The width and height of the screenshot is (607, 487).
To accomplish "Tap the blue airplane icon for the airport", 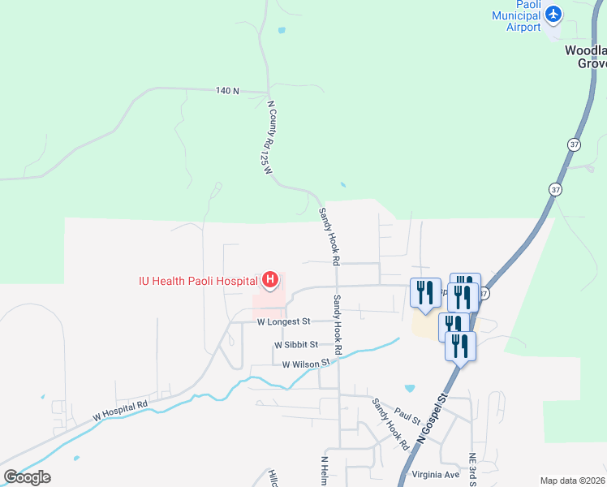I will [x=554, y=14].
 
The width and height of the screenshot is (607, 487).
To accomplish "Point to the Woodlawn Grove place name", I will [x=586, y=56].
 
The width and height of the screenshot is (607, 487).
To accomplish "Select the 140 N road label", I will [x=227, y=91].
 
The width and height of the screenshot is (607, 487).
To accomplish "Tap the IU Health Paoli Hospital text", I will [x=196, y=282].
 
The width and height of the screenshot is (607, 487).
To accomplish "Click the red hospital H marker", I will [x=270, y=282].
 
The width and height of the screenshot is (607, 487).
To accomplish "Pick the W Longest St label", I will [x=285, y=322].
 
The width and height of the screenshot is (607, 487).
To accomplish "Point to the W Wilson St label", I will [x=308, y=364].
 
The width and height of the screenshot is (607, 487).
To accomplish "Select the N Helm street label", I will [x=324, y=471].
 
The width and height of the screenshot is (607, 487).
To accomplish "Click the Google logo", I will [x=28, y=476].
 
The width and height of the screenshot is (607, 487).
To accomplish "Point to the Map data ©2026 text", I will [x=573, y=481].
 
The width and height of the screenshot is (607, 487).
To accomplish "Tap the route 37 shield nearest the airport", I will [x=575, y=144].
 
